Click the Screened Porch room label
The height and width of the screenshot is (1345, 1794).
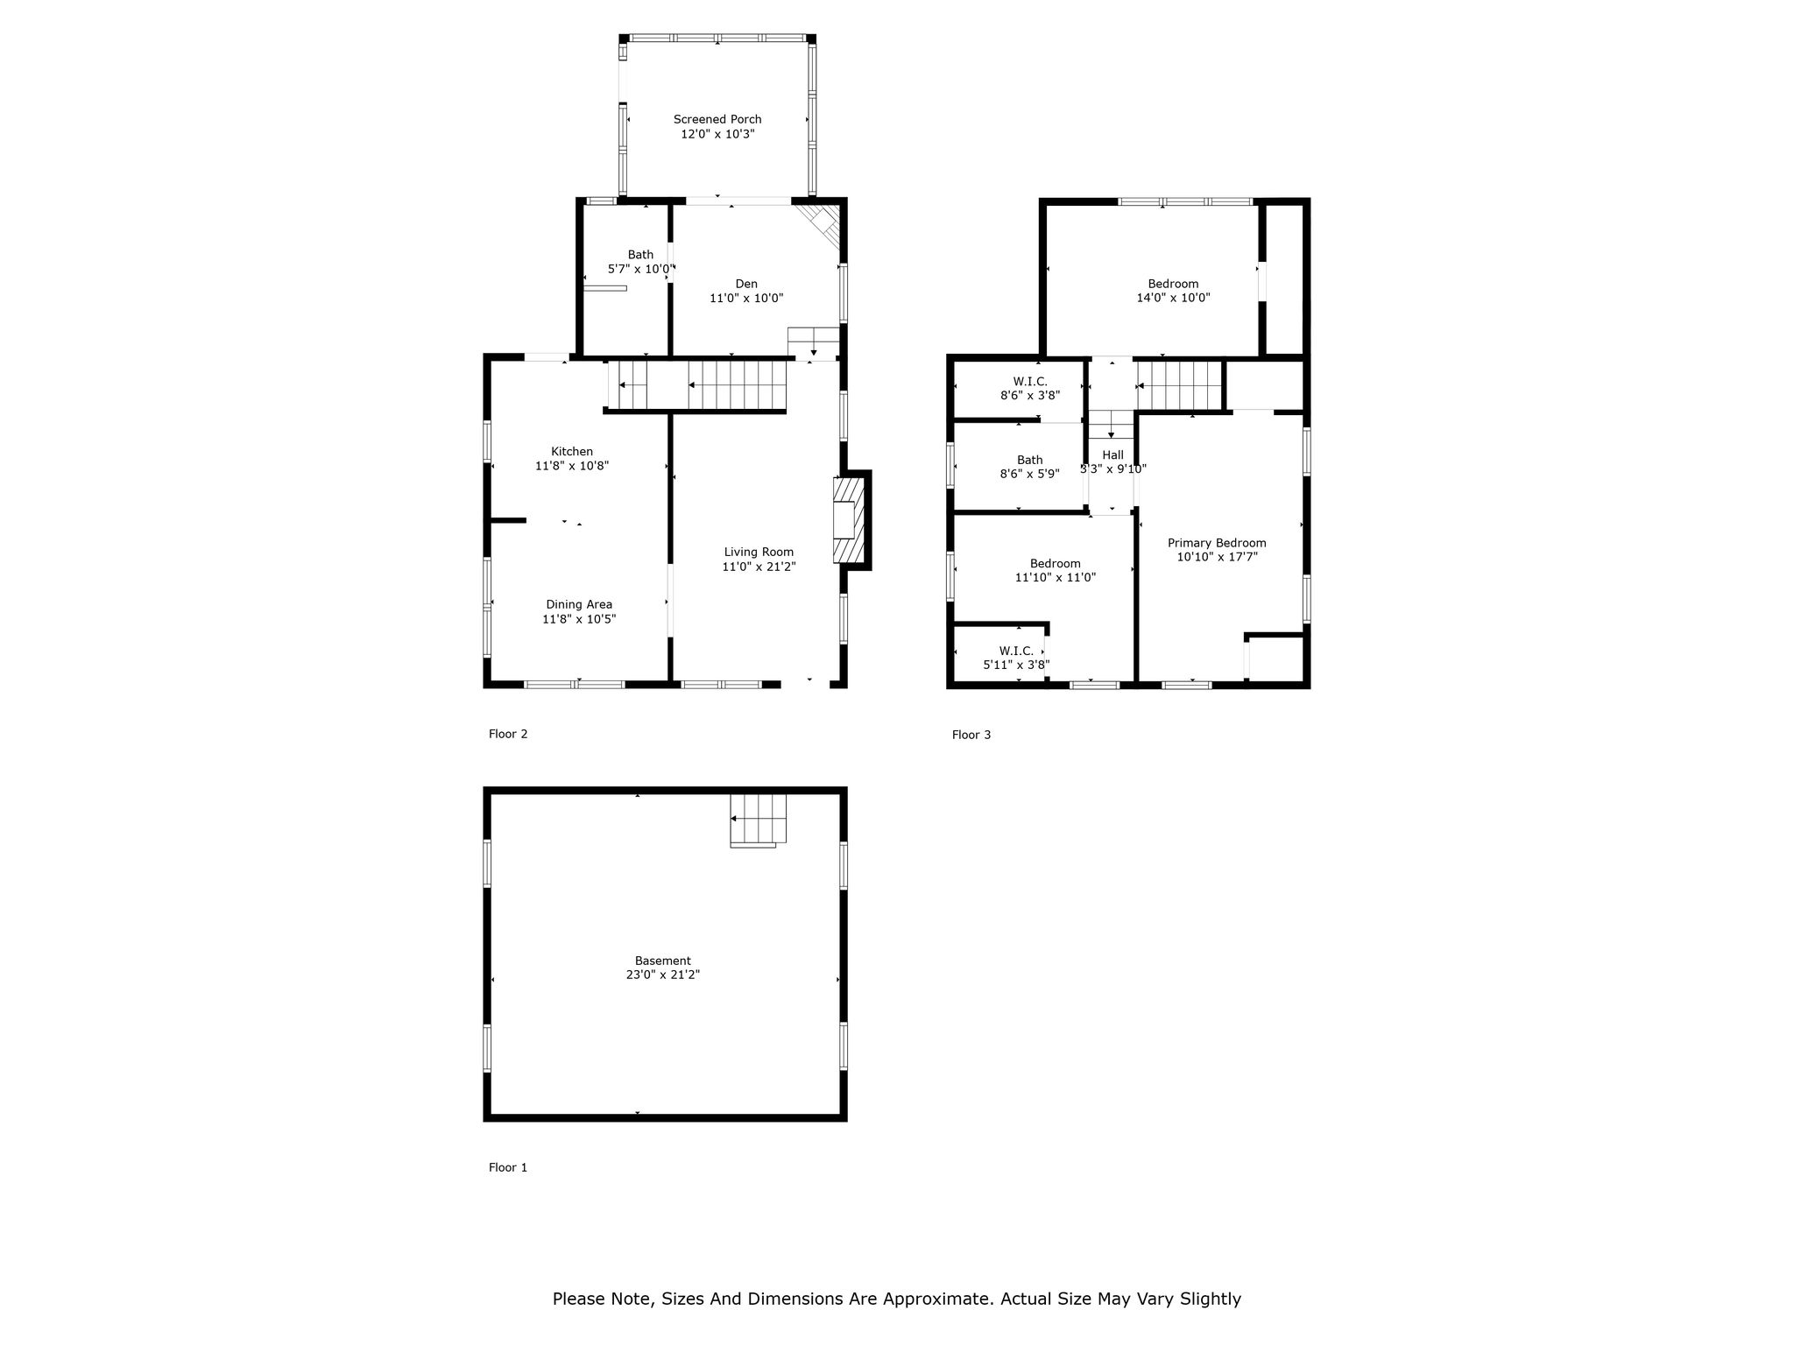pyautogui.click(x=717, y=119)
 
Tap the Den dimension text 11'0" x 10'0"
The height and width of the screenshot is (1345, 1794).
pyautogui.click(x=746, y=298)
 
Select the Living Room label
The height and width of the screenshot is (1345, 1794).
pyautogui.click(x=759, y=552)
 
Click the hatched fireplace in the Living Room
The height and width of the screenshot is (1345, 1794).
pyautogui.click(x=849, y=520)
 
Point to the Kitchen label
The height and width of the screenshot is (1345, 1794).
pyautogui.click(x=572, y=452)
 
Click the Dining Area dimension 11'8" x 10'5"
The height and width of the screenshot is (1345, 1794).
pyautogui.click(x=579, y=619)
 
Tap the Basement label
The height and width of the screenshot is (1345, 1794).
pyautogui.click(x=663, y=961)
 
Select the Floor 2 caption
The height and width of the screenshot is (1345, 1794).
pyautogui.click(x=508, y=734)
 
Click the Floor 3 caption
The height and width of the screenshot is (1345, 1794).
pyautogui.click(x=971, y=735)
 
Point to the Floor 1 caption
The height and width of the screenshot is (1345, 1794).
pyautogui.click(x=508, y=1167)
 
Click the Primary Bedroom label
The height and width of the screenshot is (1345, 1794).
pyautogui.click(x=1217, y=543)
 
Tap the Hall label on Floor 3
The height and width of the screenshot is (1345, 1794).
pyautogui.click(x=1113, y=455)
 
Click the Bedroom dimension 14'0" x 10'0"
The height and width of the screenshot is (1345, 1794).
pyautogui.click(x=1173, y=298)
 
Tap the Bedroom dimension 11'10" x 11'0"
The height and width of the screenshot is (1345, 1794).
pyautogui.click(x=1056, y=577)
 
